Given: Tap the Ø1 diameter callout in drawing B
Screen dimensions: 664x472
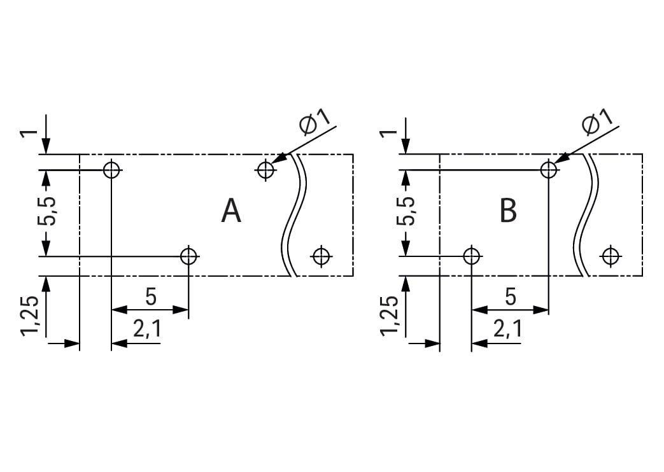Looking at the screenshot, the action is (x=598, y=123).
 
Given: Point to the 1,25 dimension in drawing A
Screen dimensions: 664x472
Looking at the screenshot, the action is (x=31, y=316).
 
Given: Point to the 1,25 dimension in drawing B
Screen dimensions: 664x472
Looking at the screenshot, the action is (x=389, y=316).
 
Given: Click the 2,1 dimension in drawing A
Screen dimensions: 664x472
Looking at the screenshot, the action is (x=147, y=330).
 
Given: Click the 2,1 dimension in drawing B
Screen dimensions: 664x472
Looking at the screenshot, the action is (x=507, y=330).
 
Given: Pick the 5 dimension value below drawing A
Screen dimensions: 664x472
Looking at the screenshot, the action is (x=151, y=296).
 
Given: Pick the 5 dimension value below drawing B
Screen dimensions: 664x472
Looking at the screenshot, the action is (x=511, y=296).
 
